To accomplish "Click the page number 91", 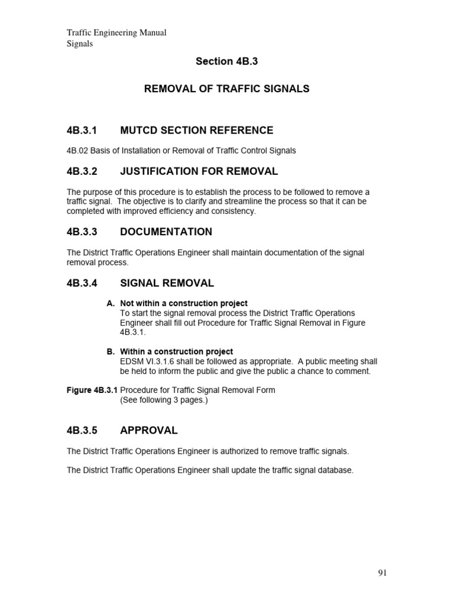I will [382, 573].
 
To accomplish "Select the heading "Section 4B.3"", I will [226, 61].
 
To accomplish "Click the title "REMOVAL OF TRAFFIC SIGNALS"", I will [227, 89].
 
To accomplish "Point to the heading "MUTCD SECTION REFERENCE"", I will [196, 131].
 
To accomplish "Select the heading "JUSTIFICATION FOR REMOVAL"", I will [199, 172].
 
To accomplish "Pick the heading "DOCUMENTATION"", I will [166, 232].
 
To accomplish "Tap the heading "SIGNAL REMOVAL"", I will [167, 284].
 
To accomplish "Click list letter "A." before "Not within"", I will [111, 304].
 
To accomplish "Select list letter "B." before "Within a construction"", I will [111, 352].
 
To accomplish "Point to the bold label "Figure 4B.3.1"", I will [92, 391].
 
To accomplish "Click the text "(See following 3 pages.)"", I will [164, 400].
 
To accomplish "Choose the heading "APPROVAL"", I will [148, 431].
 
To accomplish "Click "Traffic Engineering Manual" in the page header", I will [116, 33].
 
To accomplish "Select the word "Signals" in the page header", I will [79, 44].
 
